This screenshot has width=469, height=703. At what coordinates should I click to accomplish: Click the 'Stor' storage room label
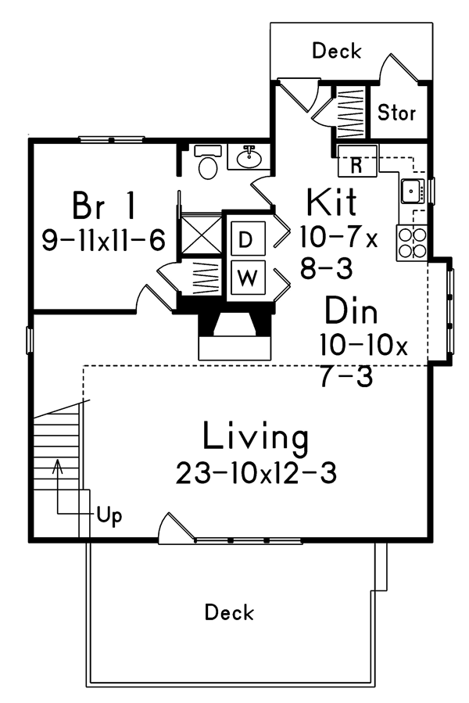396,113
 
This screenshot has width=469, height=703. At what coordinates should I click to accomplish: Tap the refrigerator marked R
357,160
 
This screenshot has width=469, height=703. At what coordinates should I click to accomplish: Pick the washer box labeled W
248,278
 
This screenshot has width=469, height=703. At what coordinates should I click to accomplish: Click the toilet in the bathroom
207,162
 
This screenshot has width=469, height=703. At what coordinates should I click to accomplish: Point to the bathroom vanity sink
249,156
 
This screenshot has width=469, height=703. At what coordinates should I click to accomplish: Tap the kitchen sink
413,191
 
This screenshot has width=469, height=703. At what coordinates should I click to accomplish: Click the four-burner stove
412,242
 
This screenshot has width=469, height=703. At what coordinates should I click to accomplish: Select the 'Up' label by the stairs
109,516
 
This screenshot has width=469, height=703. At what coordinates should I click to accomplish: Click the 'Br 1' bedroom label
104,206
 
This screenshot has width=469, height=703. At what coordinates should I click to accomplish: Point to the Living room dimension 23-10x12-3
256,472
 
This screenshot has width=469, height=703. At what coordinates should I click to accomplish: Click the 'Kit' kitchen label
331,202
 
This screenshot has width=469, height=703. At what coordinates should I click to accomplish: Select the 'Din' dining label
351,310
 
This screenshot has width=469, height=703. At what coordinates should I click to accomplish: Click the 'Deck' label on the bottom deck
229,612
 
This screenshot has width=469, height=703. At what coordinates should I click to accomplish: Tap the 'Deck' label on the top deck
337,51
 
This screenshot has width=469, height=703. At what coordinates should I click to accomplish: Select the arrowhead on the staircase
57,466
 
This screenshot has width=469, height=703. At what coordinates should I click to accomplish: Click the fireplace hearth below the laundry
235,348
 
